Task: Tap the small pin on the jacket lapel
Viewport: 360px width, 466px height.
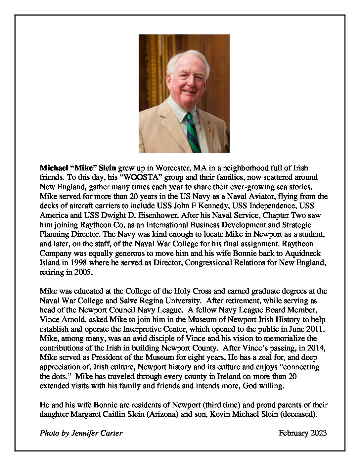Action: (x=209, y=129)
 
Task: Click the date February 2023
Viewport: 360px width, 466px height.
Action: (x=302, y=433)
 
